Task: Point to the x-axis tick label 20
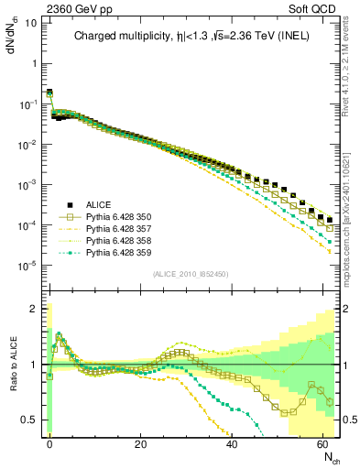click(x=140, y=442)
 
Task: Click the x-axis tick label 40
click(x=233, y=442)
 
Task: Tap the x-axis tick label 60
click(x=323, y=442)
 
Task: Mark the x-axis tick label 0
click(x=49, y=442)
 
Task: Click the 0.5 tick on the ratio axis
click(x=32, y=420)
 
